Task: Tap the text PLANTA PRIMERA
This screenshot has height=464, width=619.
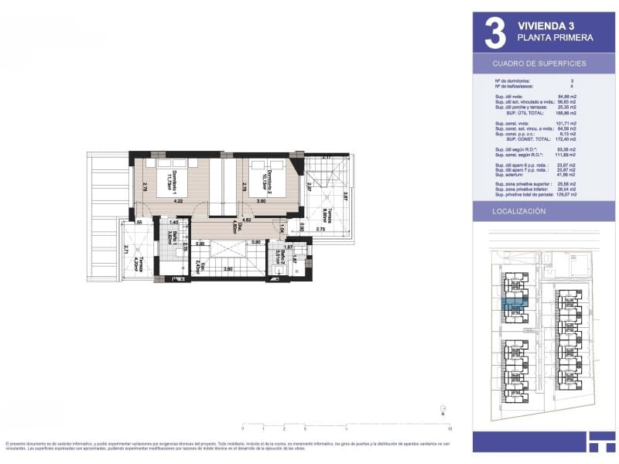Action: [x=555, y=38]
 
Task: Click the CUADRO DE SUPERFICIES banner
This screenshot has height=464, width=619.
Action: [x=539, y=63]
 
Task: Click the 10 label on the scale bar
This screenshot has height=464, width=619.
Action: [x=450, y=428]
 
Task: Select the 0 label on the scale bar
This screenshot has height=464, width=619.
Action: [x=242, y=428]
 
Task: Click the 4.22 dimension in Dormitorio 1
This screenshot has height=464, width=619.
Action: [x=177, y=202]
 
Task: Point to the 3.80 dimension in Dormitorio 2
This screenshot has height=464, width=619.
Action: [x=262, y=202]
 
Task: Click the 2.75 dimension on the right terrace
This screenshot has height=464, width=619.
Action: [x=320, y=230]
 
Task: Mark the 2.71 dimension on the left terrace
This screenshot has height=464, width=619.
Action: [x=126, y=249]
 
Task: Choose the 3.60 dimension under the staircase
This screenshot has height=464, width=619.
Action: [x=228, y=268]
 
